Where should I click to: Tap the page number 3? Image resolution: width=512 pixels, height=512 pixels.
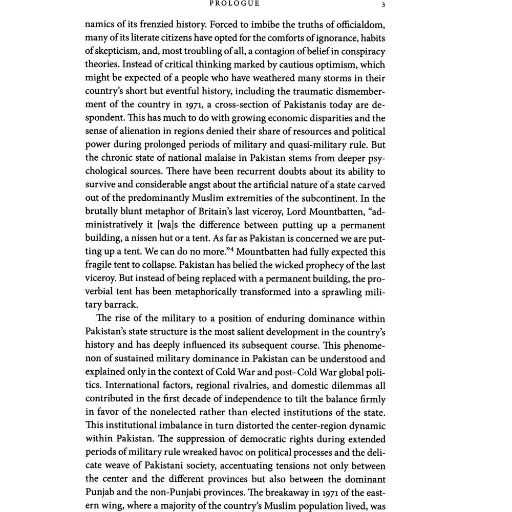[x=383, y=5]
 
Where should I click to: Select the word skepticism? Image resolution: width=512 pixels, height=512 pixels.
[x=112, y=52]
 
